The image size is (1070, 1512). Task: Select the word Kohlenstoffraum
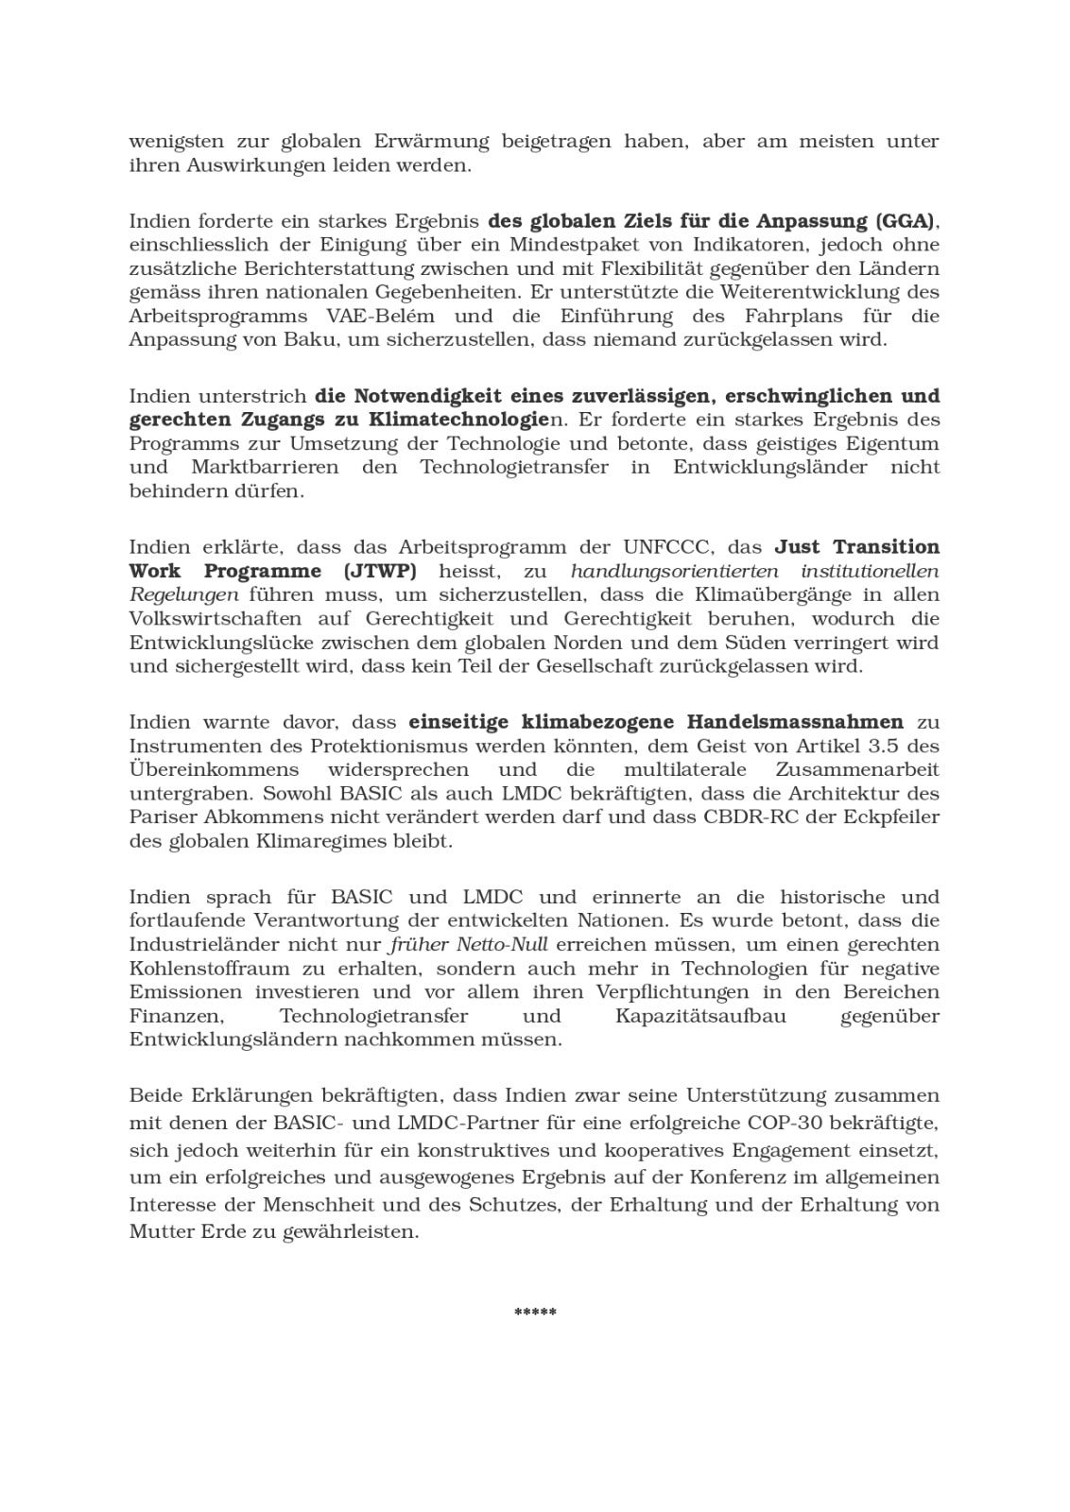point(210,969)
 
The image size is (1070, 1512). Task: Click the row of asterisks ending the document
point(535,1313)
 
